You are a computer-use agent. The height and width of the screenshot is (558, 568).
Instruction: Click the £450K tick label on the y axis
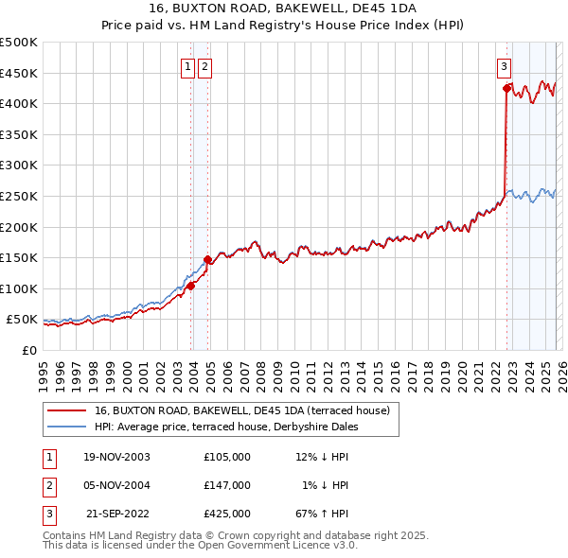pyautogui.click(x=19, y=73)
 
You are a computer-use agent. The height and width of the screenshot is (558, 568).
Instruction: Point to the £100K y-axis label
pyautogui.click(x=19, y=288)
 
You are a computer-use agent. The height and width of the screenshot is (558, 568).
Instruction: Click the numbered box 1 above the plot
pyautogui.click(x=188, y=66)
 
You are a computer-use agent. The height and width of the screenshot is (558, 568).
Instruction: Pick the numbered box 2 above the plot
pyautogui.click(x=205, y=66)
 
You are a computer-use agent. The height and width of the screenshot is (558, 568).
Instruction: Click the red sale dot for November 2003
pyautogui.click(x=190, y=286)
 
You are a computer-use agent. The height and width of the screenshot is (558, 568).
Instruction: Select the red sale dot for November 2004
pyautogui.click(x=207, y=259)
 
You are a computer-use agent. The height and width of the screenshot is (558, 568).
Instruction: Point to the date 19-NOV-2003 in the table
pyautogui.click(x=116, y=457)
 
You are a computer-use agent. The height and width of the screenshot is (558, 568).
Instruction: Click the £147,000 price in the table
pyautogui.click(x=227, y=485)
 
